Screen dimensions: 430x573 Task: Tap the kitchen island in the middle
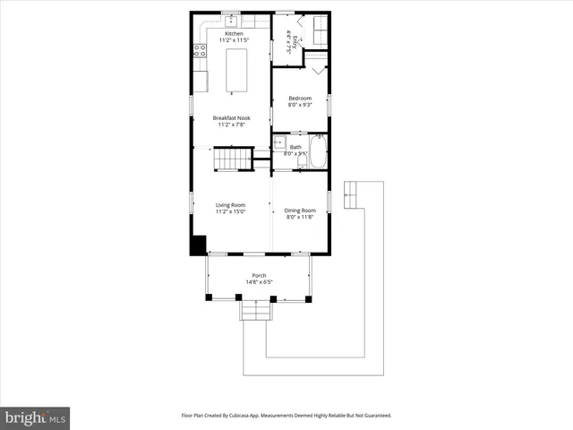click(236, 70)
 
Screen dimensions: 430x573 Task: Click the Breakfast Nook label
click(231, 118)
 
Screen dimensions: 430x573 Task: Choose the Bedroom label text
click(300, 98)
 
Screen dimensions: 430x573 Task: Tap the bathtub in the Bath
click(318, 151)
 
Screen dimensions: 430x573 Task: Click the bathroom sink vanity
click(279, 143)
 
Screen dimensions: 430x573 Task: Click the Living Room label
click(230, 205)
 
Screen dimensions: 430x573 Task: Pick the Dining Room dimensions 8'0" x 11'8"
click(301, 217)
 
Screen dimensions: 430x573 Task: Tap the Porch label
click(258, 276)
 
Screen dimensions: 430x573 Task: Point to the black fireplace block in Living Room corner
click(198, 245)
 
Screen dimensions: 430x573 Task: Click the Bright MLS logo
click(35, 417)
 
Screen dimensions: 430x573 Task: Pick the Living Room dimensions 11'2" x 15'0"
click(230, 212)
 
